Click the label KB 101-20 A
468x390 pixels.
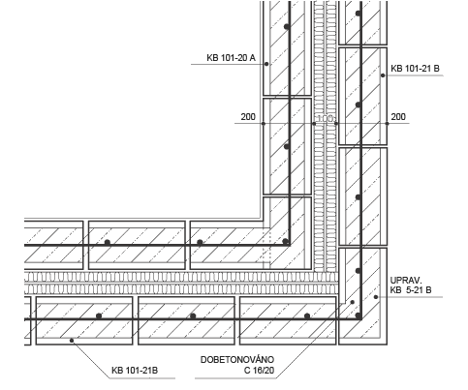(231, 58)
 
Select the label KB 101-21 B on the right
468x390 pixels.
(415, 69)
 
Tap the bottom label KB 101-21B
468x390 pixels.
(135, 370)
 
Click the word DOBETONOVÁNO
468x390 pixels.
(237, 359)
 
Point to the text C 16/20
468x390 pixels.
(259, 370)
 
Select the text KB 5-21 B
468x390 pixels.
(411, 290)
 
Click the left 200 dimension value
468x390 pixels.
(248, 117)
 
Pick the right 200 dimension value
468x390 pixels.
(398, 117)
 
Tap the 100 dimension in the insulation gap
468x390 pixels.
(325, 118)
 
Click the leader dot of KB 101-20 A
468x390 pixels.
(266, 64)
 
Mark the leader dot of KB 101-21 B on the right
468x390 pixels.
(383, 75)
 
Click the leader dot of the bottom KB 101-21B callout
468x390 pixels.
(72, 341)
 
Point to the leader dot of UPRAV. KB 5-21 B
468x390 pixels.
(376, 297)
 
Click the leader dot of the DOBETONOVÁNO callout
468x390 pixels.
(353, 302)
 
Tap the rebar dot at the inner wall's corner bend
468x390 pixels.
(286, 241)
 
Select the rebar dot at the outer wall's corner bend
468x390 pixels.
(359, 315)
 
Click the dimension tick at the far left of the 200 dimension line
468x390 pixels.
(264, 124)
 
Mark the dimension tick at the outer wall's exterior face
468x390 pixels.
(387, 124)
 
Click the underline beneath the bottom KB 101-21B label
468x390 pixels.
(142, 378)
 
